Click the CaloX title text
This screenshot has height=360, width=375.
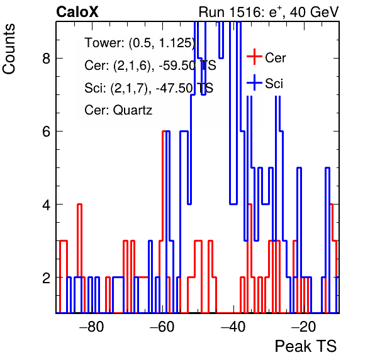pyautogui.click(x=77, y=12)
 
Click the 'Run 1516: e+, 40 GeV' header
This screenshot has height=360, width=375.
pyautogui.click(x=269, y=12)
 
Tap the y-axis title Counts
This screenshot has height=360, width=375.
pyautogui.click(x=9, y=49)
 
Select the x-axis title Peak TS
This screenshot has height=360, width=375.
pyautogui.click(x=305, y=346)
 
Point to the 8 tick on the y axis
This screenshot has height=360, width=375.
pyautogui.click(x=46, y=58)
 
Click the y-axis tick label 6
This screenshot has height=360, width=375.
pyautogui.click(x=46, y=132)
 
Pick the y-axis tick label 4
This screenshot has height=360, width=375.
pyautogui.click(x=46, y=205)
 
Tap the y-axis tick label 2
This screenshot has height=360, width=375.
pyautogui.click(x=46, y=278)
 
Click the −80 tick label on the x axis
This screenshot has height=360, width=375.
pyautogui.click(x=92, y=327)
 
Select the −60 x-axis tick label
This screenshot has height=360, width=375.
pyautogui.click(x=162, y=327)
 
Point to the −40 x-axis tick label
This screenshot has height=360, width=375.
pyautogui.click(x=233, y=327)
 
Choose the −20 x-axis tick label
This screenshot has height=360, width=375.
pyautogui.click(x=303, y=327)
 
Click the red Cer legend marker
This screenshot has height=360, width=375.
pyautogui.click(x=254, y=57)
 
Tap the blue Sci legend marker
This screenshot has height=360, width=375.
pyautogui.click(x=254, y=82)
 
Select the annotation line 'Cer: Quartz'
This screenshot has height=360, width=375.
pyautogui.click(x=118, y=110)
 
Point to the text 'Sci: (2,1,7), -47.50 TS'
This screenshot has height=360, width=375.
pyautogui.click(x=148, y=88)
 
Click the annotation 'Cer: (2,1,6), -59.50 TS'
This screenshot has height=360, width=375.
pyautogui.click(x=150, y=65)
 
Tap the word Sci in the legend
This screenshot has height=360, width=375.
pyautogui.click(x=274, y=84)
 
